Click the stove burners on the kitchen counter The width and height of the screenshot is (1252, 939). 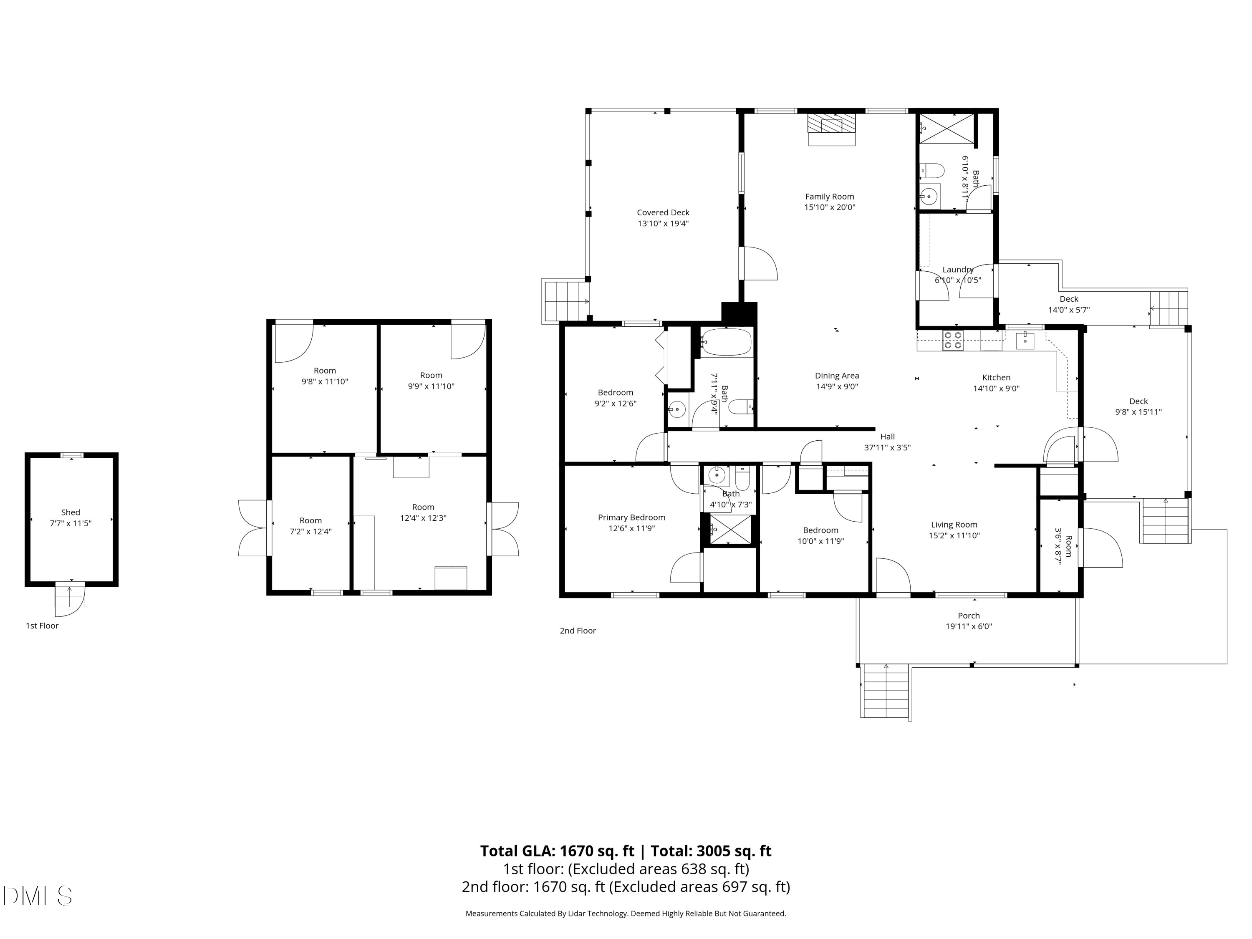953,341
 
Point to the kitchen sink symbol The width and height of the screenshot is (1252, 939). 1025,340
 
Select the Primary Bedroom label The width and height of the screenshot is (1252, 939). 632,517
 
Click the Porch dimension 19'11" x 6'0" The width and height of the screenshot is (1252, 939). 969,626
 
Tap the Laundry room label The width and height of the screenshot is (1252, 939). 958,270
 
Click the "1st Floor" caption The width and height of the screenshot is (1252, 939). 42,626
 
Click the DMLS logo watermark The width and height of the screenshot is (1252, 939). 38,896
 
